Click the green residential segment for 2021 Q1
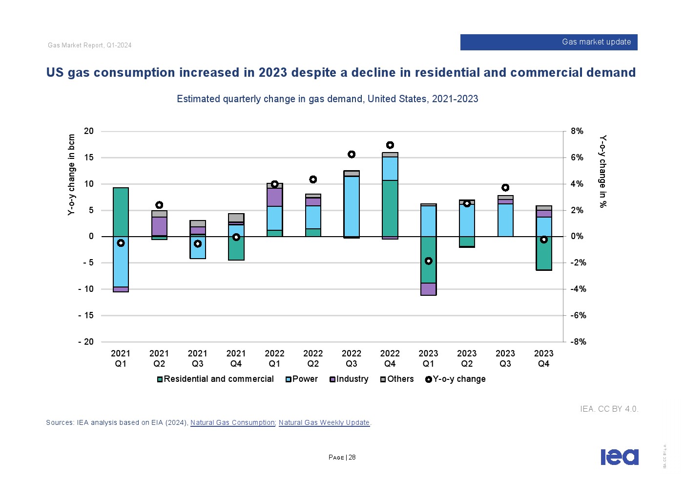[121, 212]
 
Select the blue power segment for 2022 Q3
[352, 206]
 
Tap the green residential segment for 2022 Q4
[390, 208]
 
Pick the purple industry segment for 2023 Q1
[428, 289]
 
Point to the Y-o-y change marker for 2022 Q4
[390, 145]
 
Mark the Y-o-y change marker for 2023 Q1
[428, 261]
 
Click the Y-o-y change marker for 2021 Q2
[159, 205]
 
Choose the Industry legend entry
[349, 379]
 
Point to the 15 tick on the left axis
[88, 157]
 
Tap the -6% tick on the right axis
[578, 315]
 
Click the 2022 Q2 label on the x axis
[313, 358]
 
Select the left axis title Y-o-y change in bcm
[72, 175]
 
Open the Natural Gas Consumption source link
[232, 422]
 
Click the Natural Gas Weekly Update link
[324, 422]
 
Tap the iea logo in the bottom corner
[619, 457]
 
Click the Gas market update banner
[548, 42]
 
